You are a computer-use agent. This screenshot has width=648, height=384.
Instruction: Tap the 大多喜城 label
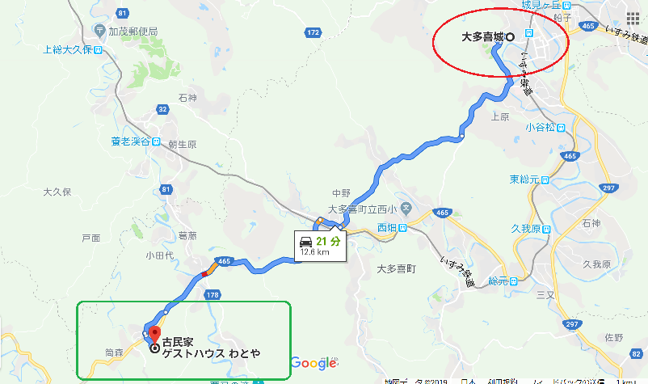(483, 36)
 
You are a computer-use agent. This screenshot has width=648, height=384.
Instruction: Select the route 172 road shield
(313, 32)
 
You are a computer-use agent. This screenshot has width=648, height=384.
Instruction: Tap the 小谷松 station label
(540, 127)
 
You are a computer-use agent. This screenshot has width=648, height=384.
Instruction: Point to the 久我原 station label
(529, 230)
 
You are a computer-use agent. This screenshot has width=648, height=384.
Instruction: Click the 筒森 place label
(114, 352)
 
